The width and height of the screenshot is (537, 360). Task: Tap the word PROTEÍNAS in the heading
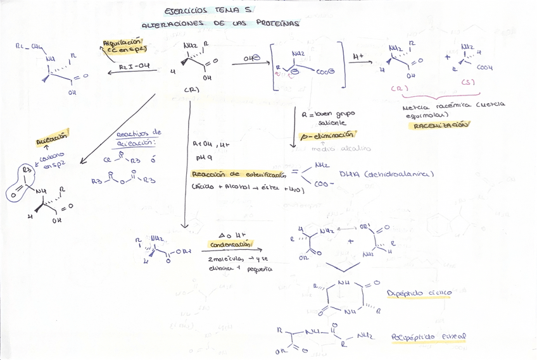coord(278,23)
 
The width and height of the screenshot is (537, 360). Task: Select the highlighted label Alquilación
coord(124,46)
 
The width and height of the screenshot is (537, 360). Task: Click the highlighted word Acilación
coord(51,136)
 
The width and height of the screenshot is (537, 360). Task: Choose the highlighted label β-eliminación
coord(327,135)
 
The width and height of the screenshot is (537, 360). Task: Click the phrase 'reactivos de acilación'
coord(139,138)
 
